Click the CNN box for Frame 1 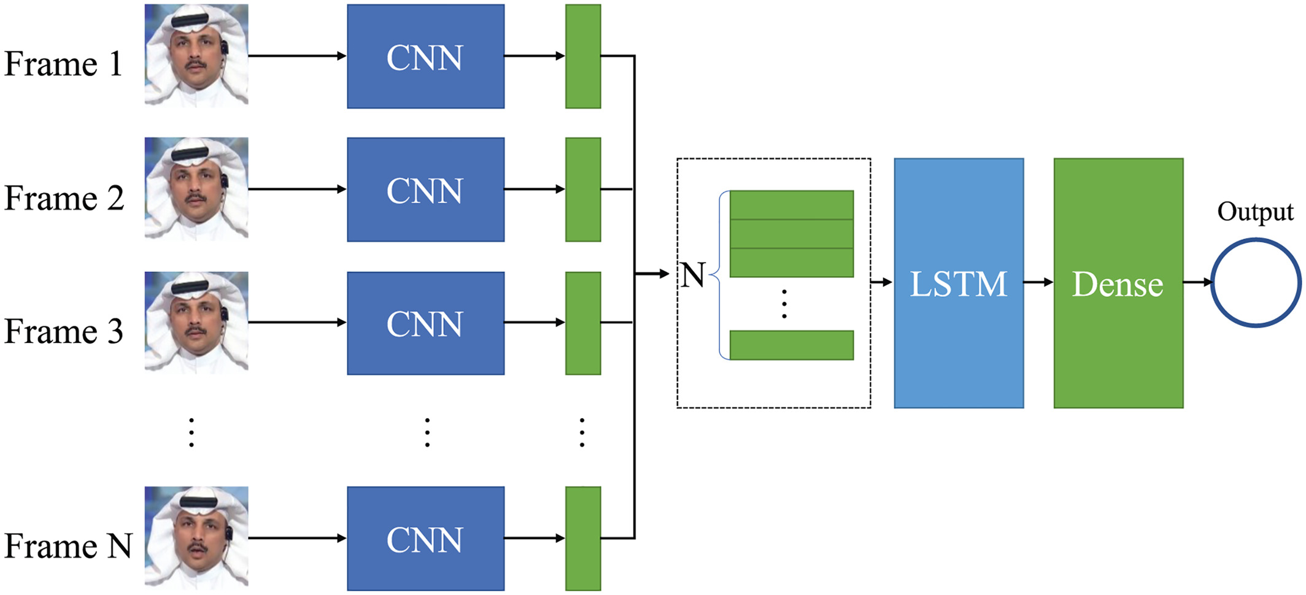pyautogui.click(x=425, y=56)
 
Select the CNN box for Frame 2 pyautogui.click(x=425, y=190)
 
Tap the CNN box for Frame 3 pyautogui.click(x=425, y=323)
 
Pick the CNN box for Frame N pyautogui.click(x=425, y=539)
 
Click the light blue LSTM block pyautogui.click(x=959, y=283)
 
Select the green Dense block pyautogui.click(x=1118, y=283)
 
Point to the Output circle pyautogui.click(x=1256, y=283)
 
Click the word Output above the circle pyautogui.click(x=1255, y=212)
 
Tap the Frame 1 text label pyautogui.click(x=63, y=64)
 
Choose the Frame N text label pyautogui.click(x=68, y=545)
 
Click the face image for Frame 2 pyautogui.click(x=196, y=188)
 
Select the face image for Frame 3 pyautogui.click(x=196, y=322)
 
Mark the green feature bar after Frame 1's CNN pyautogui.click(x=582, y=56)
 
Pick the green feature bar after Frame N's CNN pyautogui.click(x=582, y=539)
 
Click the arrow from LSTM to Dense pyautogui.click(x=1038, y=282)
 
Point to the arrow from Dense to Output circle pyautogui.click(x=1197, y=282)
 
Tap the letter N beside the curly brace pyautogui.click(x=693, y=275)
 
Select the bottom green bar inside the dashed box pyautogui.click(x=791, y=345)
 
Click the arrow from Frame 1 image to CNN pyautogui.click(x=297, y=56)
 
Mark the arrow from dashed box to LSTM pyautogui.click(x=882, y=282)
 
